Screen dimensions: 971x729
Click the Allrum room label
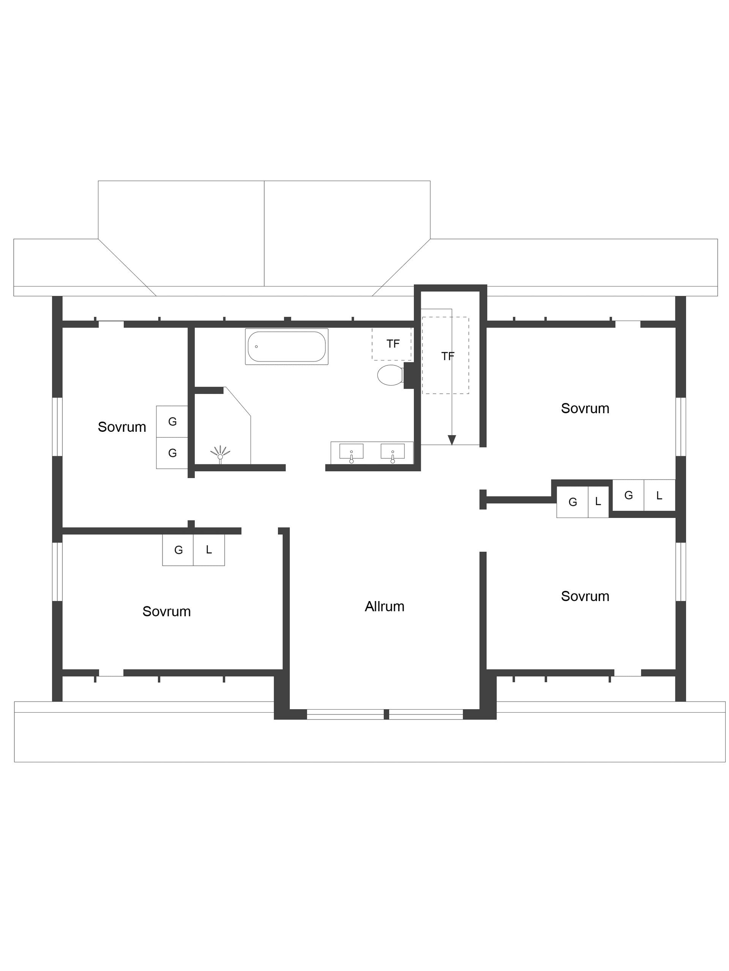point(384,606)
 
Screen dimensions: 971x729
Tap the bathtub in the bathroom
point(286,346)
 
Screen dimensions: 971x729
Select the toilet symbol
point(390,375)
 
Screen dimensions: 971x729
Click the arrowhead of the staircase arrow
point(451,440)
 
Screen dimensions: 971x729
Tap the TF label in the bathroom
point(393,344)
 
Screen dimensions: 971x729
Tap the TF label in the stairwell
point(448,356)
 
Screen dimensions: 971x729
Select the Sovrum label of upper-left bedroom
point(121,426)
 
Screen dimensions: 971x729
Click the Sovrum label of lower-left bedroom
point(166,611)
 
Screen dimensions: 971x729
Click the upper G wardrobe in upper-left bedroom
point(172,422)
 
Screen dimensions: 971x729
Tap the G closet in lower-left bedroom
point(178,549)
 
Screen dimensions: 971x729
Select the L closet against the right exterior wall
point(659,495)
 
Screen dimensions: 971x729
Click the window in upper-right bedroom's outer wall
point(680,426)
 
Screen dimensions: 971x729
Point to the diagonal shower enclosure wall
point(238,401)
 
